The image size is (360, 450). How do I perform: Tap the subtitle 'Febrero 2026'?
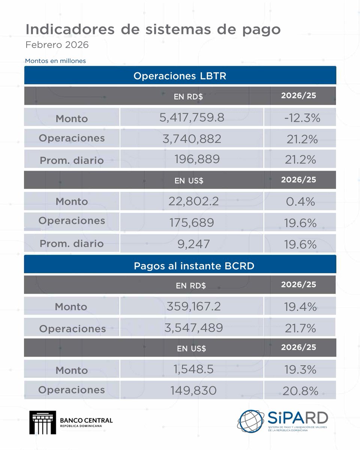click(57, 45)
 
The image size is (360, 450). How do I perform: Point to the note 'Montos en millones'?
click(55, 60)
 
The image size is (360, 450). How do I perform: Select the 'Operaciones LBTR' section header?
click(180, 76)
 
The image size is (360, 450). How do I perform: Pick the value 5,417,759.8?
click(192, 118)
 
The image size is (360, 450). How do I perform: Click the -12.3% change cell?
click(302, 118)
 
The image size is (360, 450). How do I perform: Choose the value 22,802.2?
click(192, 201)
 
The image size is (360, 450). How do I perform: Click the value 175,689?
click(192, 223)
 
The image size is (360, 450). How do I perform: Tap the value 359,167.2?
click(192, 306)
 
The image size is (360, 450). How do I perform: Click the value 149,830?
click(192, 391)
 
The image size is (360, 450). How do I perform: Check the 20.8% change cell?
click(300, 391)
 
